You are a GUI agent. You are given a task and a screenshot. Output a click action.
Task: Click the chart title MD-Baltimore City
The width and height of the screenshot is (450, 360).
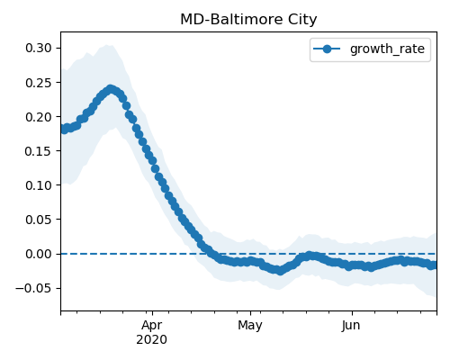[x=248, y=20]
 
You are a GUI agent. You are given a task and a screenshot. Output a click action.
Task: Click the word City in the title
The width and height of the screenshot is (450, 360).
[x=302, y=20]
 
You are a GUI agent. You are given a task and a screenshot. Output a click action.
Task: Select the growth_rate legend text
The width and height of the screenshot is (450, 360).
[x=387, y=49]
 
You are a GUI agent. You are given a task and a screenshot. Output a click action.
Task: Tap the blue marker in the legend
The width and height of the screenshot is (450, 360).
[x=327, y=49]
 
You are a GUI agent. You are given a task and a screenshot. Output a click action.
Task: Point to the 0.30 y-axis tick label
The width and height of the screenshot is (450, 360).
[x=39, y=48]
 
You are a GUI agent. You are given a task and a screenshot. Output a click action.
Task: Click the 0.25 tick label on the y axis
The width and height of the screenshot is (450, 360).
[x=39, y=83]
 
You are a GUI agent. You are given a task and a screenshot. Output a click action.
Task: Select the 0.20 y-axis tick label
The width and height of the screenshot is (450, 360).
[x=39, y=117]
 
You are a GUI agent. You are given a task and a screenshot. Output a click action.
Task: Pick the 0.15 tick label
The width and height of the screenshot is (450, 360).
[x=39, y=151]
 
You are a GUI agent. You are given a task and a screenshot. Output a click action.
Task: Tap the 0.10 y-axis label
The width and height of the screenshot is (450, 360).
[x=39, y=185]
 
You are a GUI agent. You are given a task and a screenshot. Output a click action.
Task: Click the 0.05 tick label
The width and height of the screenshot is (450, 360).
[x=39, y=220]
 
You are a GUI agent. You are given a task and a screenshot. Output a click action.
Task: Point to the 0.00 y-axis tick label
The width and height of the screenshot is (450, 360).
[x=39, y=254]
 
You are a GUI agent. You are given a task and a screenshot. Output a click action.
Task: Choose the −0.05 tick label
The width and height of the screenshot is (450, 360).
[x=33, y=288]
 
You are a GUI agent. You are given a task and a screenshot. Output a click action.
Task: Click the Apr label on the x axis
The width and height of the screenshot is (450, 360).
[x=152, y=326]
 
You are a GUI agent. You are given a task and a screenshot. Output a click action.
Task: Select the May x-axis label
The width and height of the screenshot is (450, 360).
[x=250, y=326]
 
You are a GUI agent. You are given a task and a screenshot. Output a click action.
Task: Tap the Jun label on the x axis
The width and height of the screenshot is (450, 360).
[x=351, y=326]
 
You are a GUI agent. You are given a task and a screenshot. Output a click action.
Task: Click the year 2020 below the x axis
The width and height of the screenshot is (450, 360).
[x=152, y=340]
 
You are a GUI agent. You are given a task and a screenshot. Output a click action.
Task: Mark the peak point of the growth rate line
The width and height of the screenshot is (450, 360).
[x=111, y=89]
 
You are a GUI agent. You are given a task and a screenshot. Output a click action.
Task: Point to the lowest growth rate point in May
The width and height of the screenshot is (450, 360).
[x=280, y=271]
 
